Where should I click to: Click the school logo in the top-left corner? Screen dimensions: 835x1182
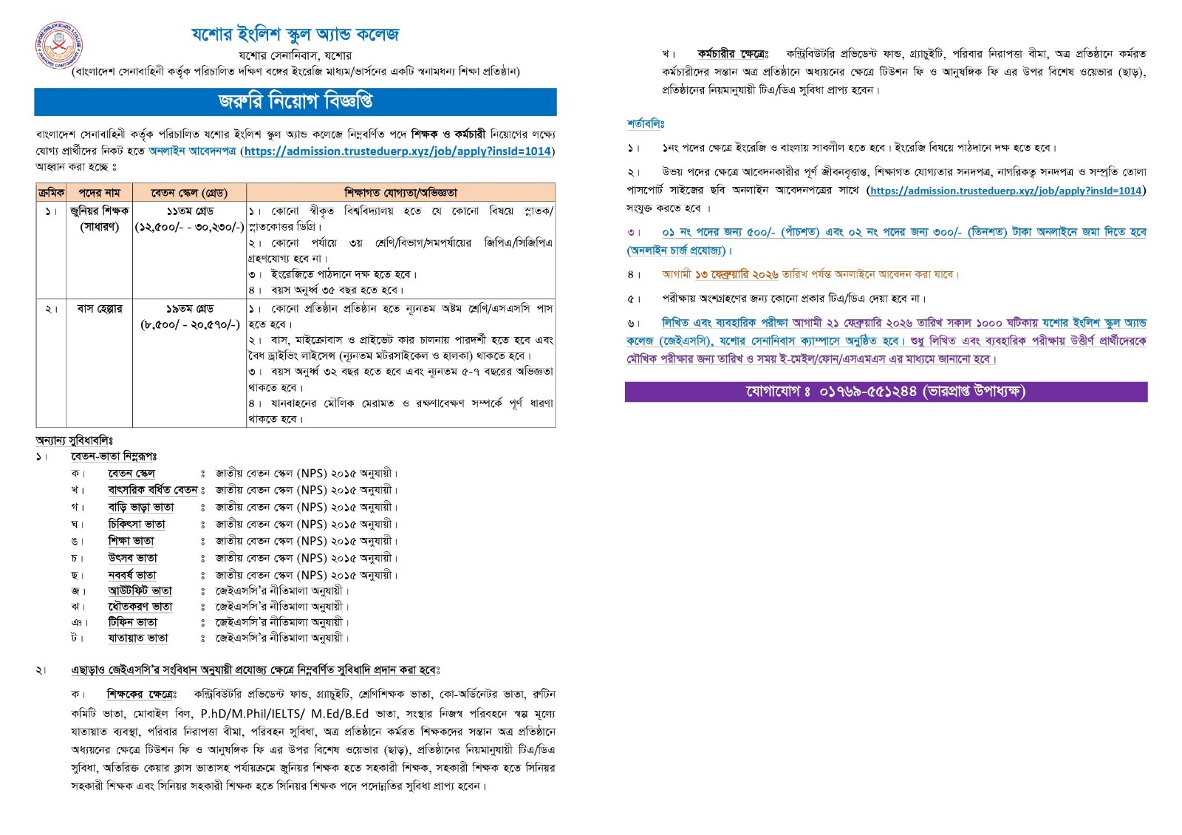59,45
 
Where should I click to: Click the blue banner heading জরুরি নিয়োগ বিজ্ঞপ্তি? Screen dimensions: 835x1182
295,102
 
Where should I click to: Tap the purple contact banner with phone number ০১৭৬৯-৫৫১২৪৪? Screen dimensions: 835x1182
885,392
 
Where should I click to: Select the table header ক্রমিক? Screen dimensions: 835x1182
50,193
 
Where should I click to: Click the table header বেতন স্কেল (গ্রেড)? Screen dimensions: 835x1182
189,193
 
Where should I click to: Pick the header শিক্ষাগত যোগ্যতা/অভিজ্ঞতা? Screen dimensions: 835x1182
400,193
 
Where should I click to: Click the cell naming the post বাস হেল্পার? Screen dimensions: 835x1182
100,309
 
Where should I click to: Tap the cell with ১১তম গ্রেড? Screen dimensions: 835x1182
189,211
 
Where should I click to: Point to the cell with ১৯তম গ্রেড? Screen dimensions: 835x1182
189,309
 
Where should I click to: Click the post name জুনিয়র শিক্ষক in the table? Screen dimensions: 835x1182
100,211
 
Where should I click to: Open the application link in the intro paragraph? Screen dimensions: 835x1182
398,151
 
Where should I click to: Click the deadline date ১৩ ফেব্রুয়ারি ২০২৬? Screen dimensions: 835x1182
737,275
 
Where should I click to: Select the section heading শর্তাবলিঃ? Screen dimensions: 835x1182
646,124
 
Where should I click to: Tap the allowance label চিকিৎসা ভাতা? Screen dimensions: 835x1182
137,525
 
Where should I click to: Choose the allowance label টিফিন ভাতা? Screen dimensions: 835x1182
133,622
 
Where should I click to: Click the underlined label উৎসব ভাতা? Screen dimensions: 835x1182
133,558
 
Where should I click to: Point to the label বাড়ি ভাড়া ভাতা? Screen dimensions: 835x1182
141,508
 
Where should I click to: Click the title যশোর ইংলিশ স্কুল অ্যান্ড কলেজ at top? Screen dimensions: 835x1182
295,35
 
